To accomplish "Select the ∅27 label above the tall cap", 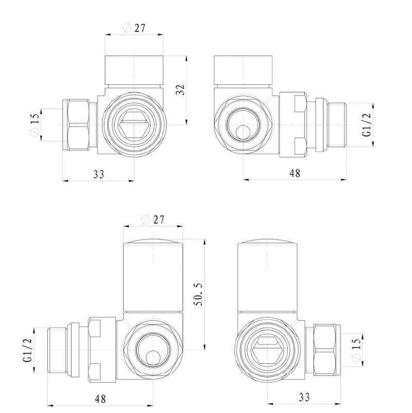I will pyautogui.click(x=152, y=219).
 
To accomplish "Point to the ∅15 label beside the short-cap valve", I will pyautogui.click(x=35, y=125).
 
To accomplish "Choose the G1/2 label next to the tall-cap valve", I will pyautogui.click(x=28, y=348).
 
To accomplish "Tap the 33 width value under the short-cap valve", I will pyautogui.click(x=99, y=174).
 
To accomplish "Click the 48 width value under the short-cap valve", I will pyautogui.click(x=294, y=173).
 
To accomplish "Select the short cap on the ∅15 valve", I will pyautogui.click(x=134, y=70).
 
